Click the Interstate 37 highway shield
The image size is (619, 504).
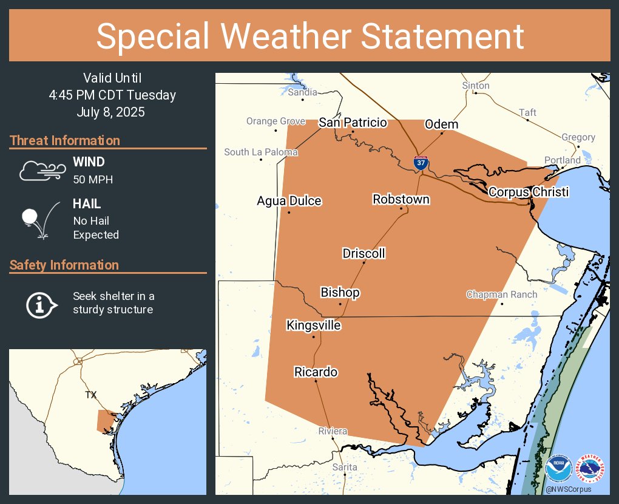point(421,162)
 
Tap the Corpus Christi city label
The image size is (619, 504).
point(529,192)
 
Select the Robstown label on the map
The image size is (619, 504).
point(401,199)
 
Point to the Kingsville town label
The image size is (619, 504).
point(313,325)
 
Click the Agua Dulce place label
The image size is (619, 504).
point(289,201)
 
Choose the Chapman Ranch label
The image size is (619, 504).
point(502,295)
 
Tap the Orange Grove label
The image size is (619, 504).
point(276,121)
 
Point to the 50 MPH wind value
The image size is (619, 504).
point(93,180)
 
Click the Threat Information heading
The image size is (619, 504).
point(65,141)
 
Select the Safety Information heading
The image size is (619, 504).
point(64,265)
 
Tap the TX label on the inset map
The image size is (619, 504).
point(90,395)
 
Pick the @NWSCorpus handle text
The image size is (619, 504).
point(568,489)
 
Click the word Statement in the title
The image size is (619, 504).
point(442,36)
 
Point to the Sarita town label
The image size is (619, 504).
point(345,467)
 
